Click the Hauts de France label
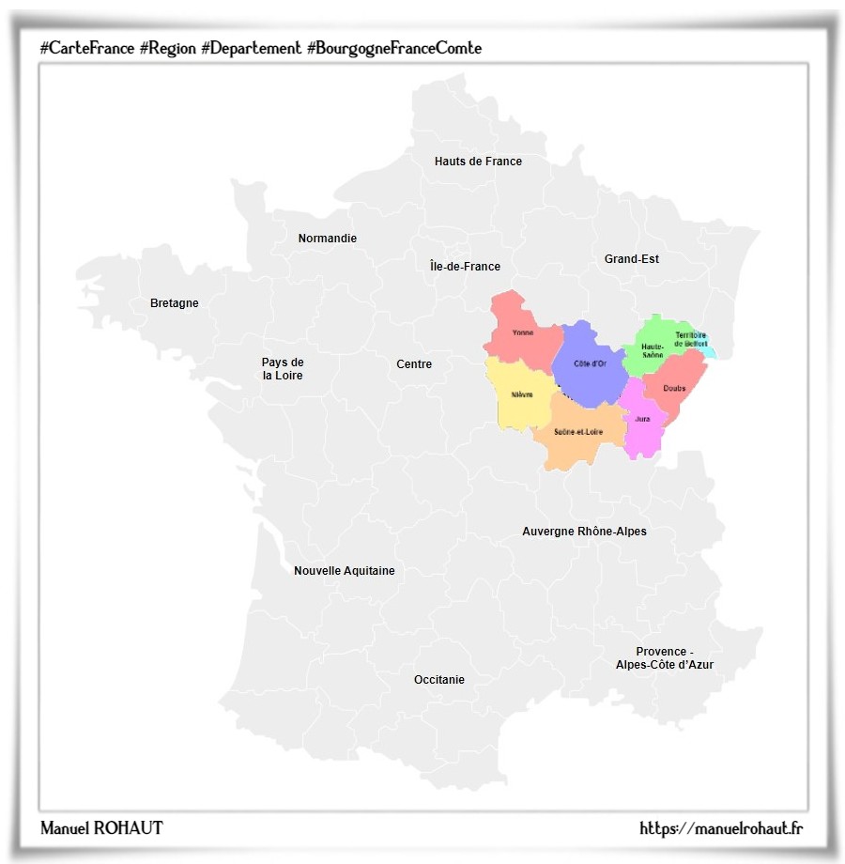478,162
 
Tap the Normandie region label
327,239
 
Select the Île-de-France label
465,267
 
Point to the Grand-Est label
631,259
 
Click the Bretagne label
175,303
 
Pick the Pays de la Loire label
283,369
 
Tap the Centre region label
414,364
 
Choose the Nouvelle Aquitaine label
344,571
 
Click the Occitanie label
438,680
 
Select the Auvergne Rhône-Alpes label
584,532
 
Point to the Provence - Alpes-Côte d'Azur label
664,658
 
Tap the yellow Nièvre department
520,395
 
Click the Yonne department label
523,333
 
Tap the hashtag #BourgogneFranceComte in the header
394,47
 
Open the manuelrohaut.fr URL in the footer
721,828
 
